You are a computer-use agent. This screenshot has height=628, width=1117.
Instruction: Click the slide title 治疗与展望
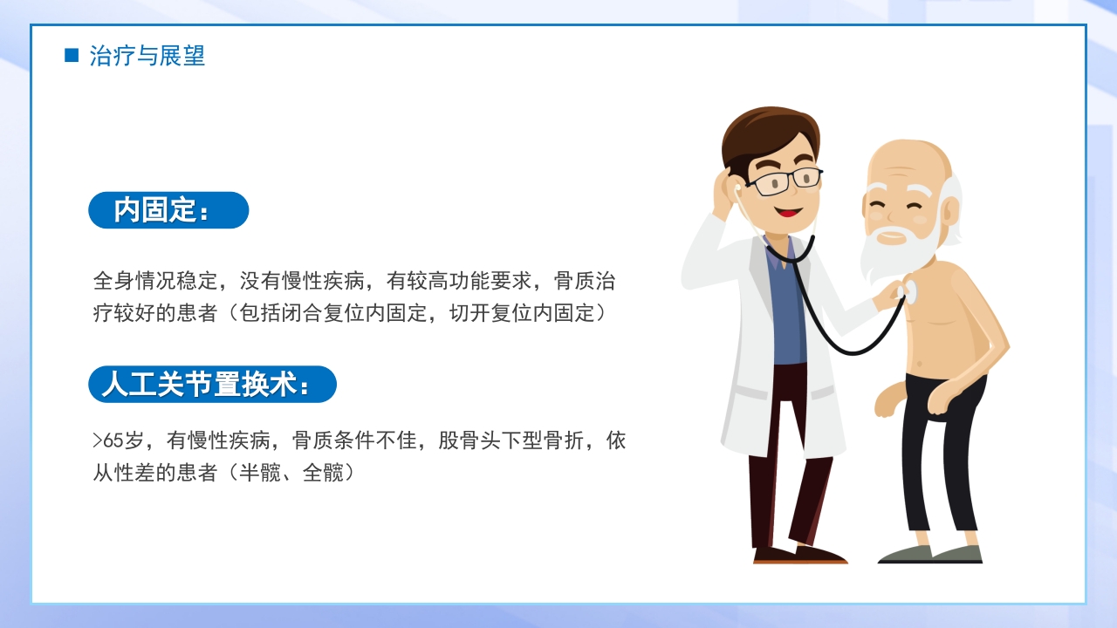point(147,57)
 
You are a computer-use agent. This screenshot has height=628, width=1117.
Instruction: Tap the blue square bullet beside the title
point(72,56)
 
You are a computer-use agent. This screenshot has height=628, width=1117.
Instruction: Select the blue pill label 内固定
point(168,210)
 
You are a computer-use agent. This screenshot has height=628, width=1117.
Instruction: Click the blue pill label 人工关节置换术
point(212,385)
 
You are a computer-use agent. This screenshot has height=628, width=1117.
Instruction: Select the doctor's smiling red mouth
point(790,211)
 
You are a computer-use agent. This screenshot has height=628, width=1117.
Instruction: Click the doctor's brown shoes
point(798,556)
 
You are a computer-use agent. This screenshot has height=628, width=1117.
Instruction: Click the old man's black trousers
point(942,454)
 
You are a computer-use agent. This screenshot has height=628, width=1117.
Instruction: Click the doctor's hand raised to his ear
point(723,194)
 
